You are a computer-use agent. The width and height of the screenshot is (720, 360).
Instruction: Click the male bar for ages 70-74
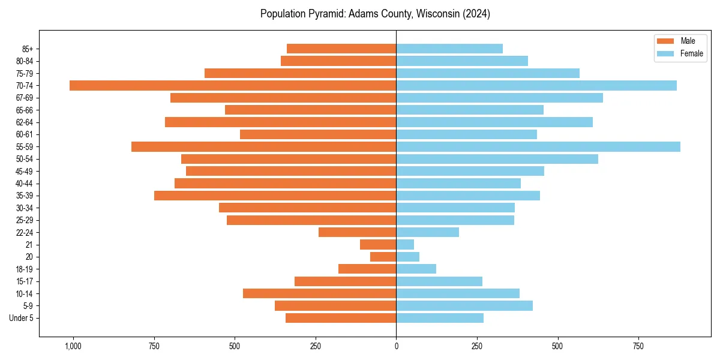click(233, 85)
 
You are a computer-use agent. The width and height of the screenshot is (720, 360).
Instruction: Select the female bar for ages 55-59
click(538, 146)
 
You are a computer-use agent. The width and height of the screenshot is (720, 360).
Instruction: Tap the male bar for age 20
click(383, 257)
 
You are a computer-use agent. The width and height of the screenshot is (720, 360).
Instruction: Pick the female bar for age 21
click(405, 244)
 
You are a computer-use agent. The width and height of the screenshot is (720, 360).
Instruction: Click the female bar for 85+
click(449, 49)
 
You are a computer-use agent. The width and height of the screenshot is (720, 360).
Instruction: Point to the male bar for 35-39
click(275, 196)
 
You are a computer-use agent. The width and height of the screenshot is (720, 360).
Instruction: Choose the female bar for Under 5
click(440, 318)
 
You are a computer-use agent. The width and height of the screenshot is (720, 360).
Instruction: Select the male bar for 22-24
click(357, 232)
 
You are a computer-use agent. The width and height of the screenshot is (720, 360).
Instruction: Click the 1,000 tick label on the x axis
click(73, 346)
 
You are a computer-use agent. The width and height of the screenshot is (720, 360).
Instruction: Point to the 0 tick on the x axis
click(396, 346)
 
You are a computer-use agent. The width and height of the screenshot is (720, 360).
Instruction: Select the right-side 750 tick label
click(638, 346)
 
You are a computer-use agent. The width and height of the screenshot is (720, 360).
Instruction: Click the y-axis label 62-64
click(25, 122)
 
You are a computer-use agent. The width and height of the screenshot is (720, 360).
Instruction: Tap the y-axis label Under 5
click(21, 318)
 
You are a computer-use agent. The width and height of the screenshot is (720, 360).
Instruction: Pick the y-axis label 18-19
click(25, 269)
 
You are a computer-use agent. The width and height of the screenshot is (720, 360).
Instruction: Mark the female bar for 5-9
click(464, 305)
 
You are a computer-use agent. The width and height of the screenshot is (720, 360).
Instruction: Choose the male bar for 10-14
click(319, 293)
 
